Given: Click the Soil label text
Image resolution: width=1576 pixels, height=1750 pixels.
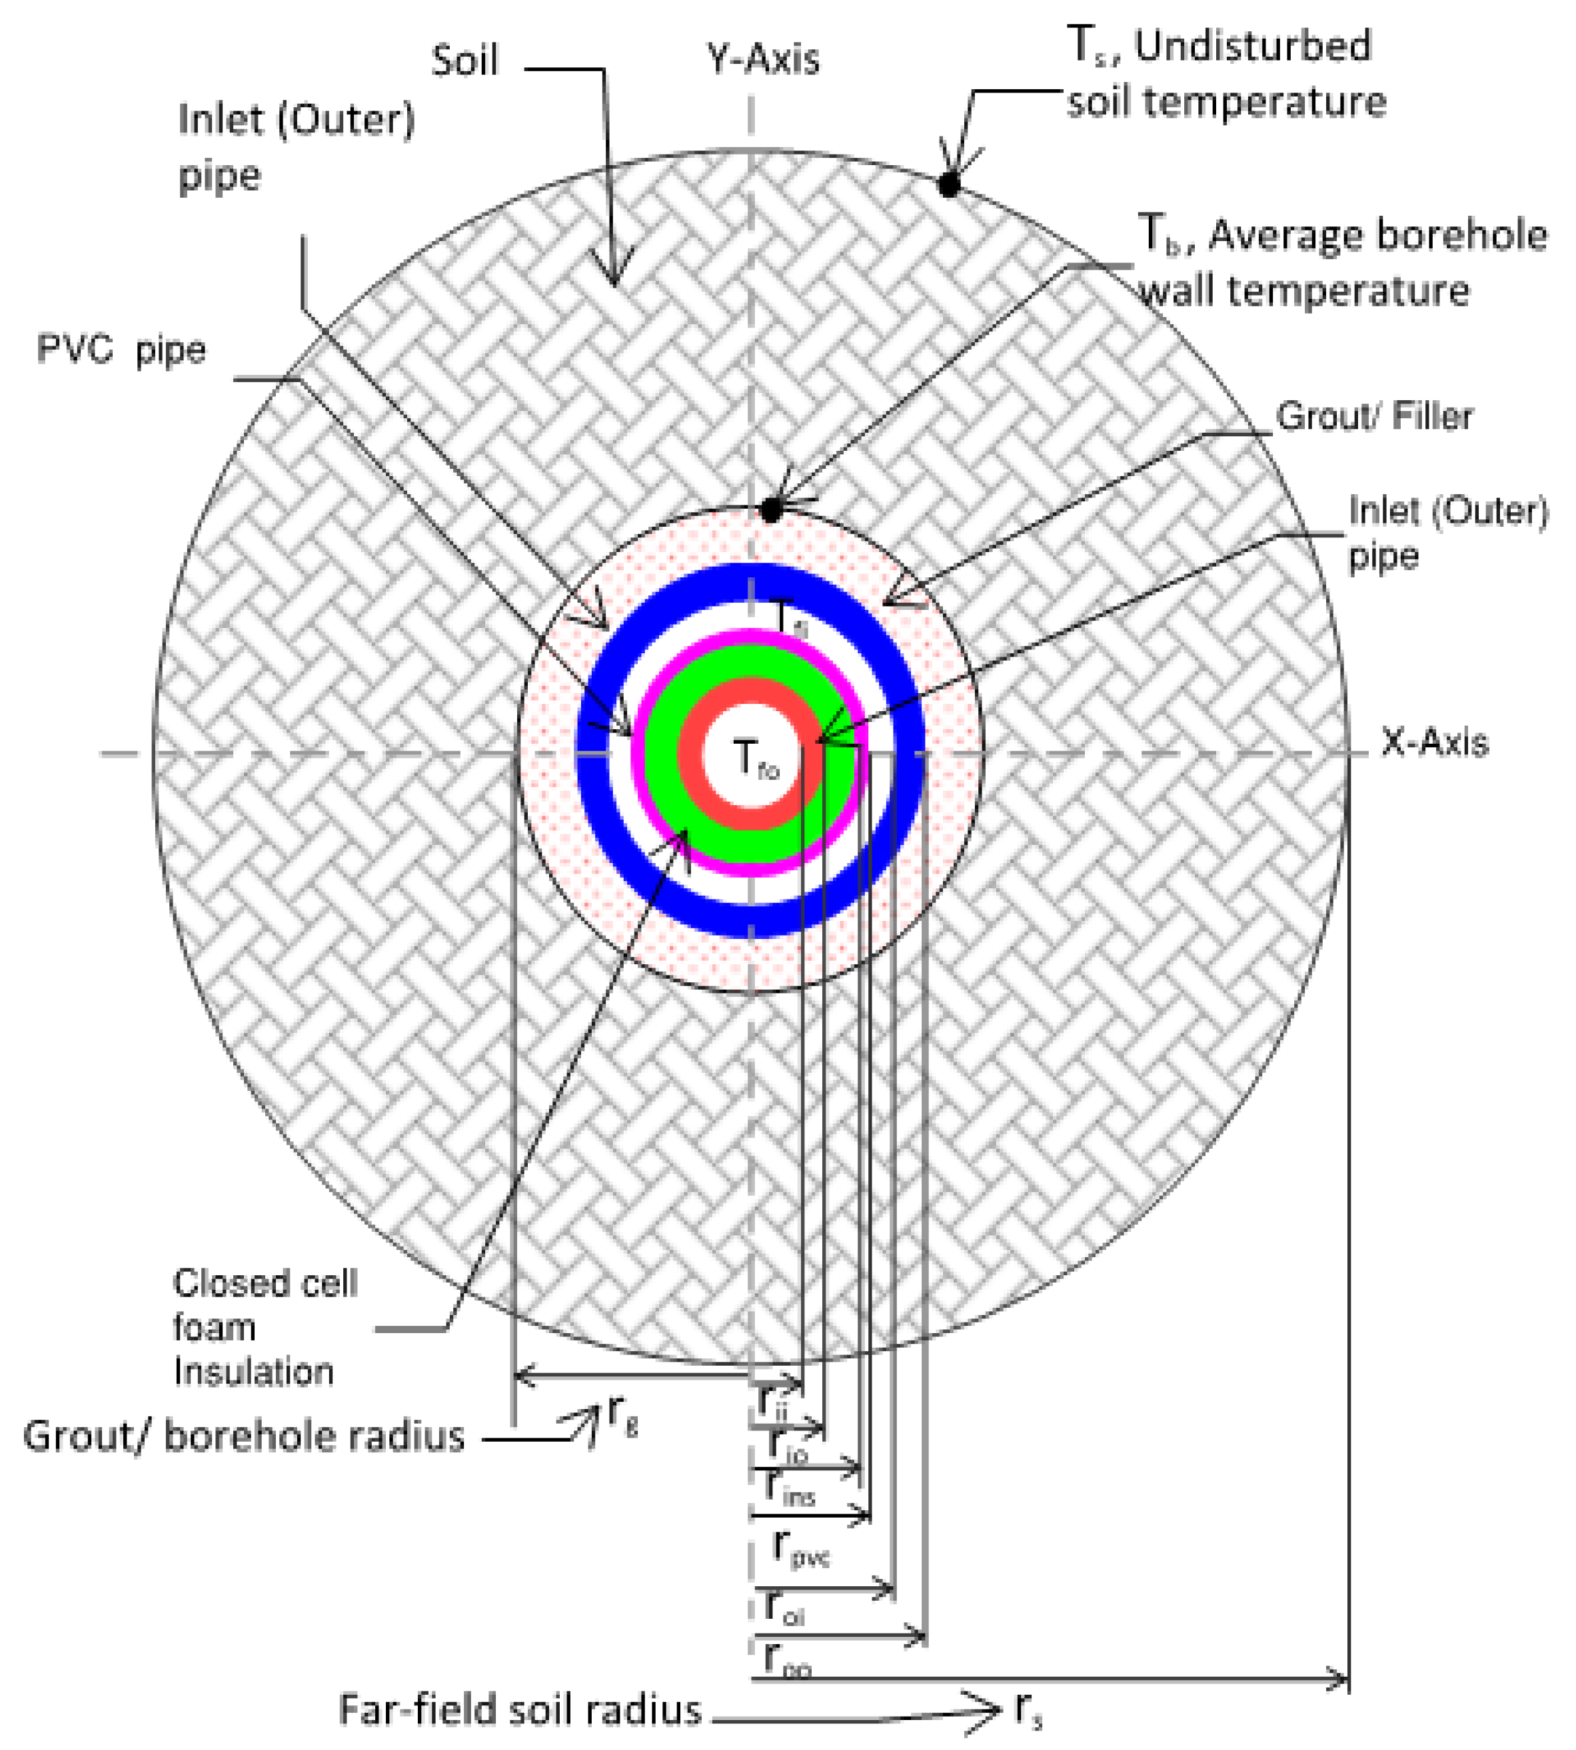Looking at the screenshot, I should (x=465, y=61).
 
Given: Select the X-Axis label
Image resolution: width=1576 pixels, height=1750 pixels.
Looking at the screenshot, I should (x=1435, y=742).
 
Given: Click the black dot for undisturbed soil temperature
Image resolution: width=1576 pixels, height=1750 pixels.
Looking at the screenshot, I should (x=949, y=184).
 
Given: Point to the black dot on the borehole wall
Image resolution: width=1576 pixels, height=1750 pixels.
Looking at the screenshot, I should (x=771, y=511).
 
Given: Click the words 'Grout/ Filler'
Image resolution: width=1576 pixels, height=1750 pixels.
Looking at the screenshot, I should (x=1374, y=417).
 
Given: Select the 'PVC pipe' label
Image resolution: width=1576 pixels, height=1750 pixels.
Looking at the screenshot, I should (x=121, y=350).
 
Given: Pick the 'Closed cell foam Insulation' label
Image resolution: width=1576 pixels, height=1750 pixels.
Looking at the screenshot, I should (x=260, y=1328).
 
